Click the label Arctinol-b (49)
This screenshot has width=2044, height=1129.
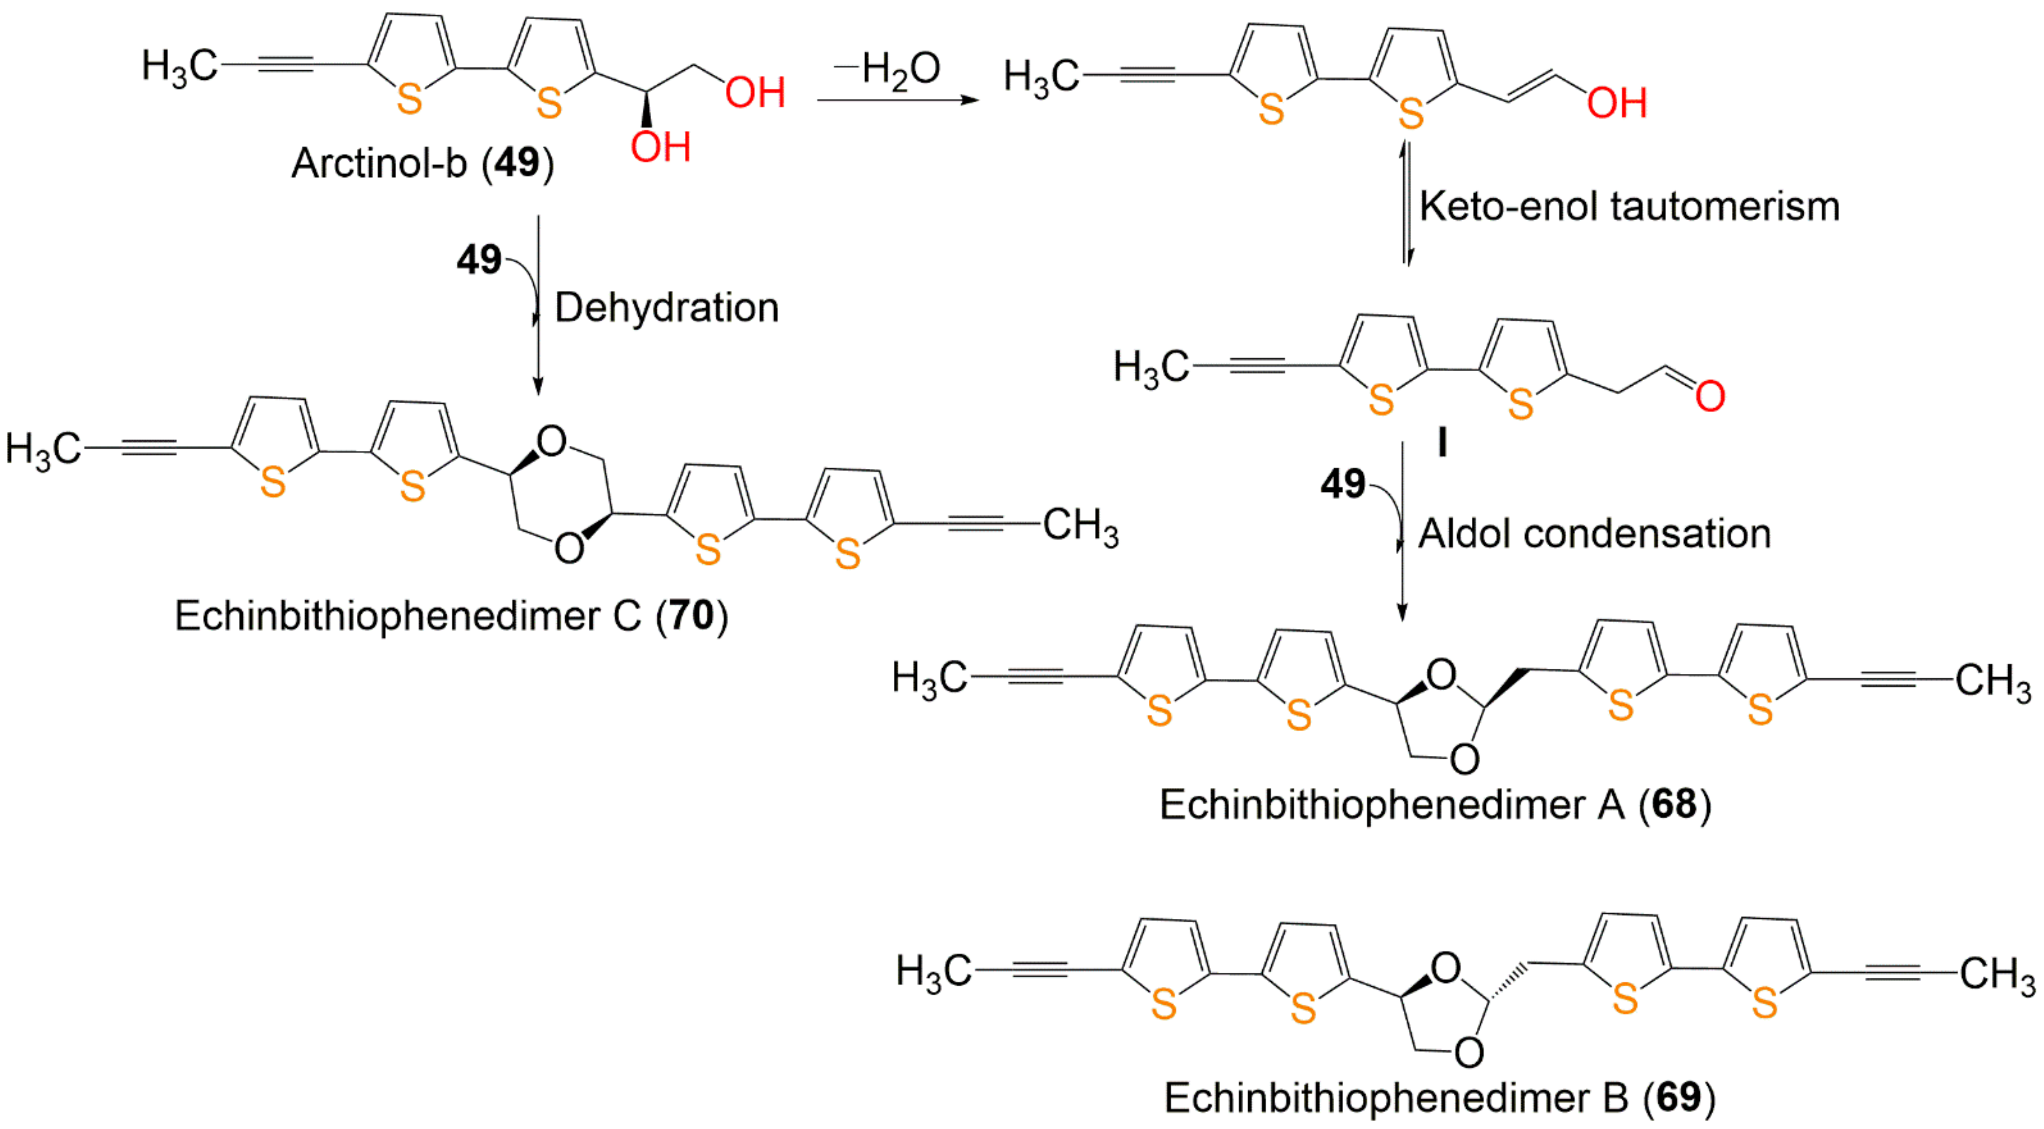[x=422, y=163]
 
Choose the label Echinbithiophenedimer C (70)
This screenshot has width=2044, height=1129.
[x=451, y=616]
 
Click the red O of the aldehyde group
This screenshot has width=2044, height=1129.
[x=1710, y=396]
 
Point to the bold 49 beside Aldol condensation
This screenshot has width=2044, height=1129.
[x=1343, y=484]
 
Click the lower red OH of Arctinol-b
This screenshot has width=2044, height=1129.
[x=660, y=147]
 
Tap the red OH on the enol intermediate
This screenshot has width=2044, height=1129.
[x=1616, y=103]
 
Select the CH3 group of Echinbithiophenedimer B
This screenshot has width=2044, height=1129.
[x=1997, y=974]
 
